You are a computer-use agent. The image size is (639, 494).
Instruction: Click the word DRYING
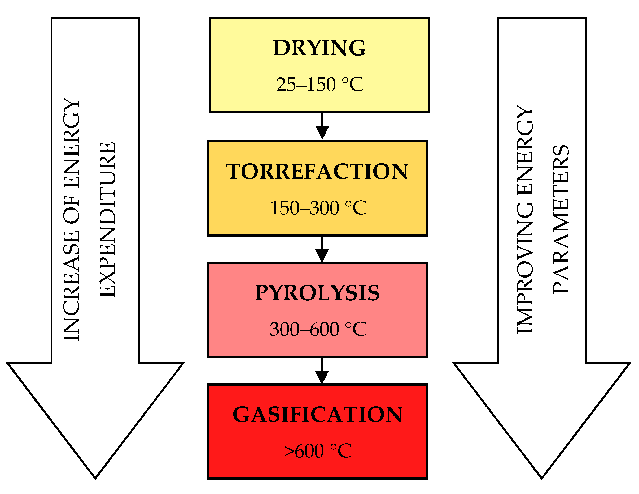[319, 48]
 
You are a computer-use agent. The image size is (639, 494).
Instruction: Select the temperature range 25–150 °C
[319, 85]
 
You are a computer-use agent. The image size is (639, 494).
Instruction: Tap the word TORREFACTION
[317, 171]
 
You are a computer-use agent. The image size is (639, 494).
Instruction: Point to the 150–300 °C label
[318, 208]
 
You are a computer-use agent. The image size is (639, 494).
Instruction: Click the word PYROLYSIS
[317, 293]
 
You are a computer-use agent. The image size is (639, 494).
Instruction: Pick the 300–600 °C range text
[318, 329]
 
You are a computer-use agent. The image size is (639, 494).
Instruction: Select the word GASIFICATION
[317, 415]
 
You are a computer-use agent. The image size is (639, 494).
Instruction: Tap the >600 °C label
[317, 451]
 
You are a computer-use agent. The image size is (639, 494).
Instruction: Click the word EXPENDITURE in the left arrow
[108, 220]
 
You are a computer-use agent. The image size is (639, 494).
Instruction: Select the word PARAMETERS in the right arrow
[561, 220]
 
